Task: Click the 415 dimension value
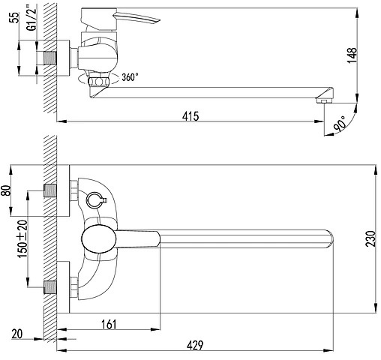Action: [x=190, y=116]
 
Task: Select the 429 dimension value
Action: [x=195, y=346]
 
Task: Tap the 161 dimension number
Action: [x=109, y=325]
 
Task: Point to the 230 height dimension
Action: [x=370, y=238]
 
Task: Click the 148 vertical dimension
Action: [x=352, y=55]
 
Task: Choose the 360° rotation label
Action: [x=130, y=77]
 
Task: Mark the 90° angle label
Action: [x=340, y=124]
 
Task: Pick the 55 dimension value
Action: [x=15, y=17]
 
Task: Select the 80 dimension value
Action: [x=5, y=190]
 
